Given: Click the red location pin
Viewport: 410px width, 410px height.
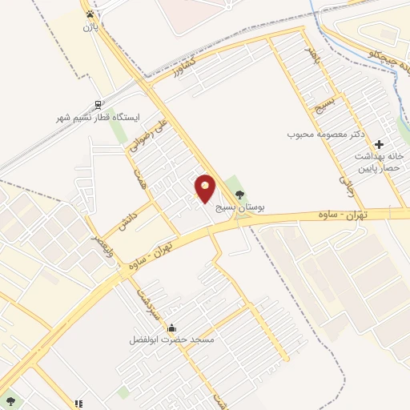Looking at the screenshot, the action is tap(206, 189).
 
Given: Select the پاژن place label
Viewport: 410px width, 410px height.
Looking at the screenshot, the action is tap(89, 26).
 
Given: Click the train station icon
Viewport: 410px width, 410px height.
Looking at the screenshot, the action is tap(98, 104).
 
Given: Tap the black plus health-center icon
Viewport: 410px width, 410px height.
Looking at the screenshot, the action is tap(380, 143).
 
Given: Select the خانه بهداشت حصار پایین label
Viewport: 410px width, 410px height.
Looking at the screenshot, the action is tap(380, 163).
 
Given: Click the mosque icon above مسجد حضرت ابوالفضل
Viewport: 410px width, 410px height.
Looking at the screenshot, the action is tap(171, 328).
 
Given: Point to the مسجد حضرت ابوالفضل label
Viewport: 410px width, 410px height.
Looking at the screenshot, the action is tap(172, 340).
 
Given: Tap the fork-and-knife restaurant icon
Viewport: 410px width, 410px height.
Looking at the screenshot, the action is tap(78, 404).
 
